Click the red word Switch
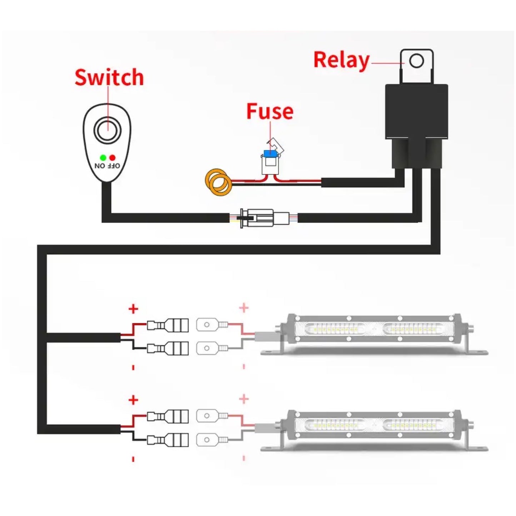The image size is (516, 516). (x=109, y=77)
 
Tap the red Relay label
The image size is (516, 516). (x=341, y=60)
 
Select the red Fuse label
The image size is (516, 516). (x=270, y=111)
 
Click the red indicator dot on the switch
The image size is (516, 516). (x=112, y=157)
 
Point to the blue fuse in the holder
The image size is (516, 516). (x=269, y=153)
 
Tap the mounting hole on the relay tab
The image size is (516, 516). (x=416, y=61)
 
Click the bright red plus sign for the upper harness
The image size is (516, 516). (x=133, y=309)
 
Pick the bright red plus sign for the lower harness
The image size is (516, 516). (x=133, y=400)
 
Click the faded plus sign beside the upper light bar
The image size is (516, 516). (x=244, y=307)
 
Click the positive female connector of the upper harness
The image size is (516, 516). (x=168, y=325)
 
